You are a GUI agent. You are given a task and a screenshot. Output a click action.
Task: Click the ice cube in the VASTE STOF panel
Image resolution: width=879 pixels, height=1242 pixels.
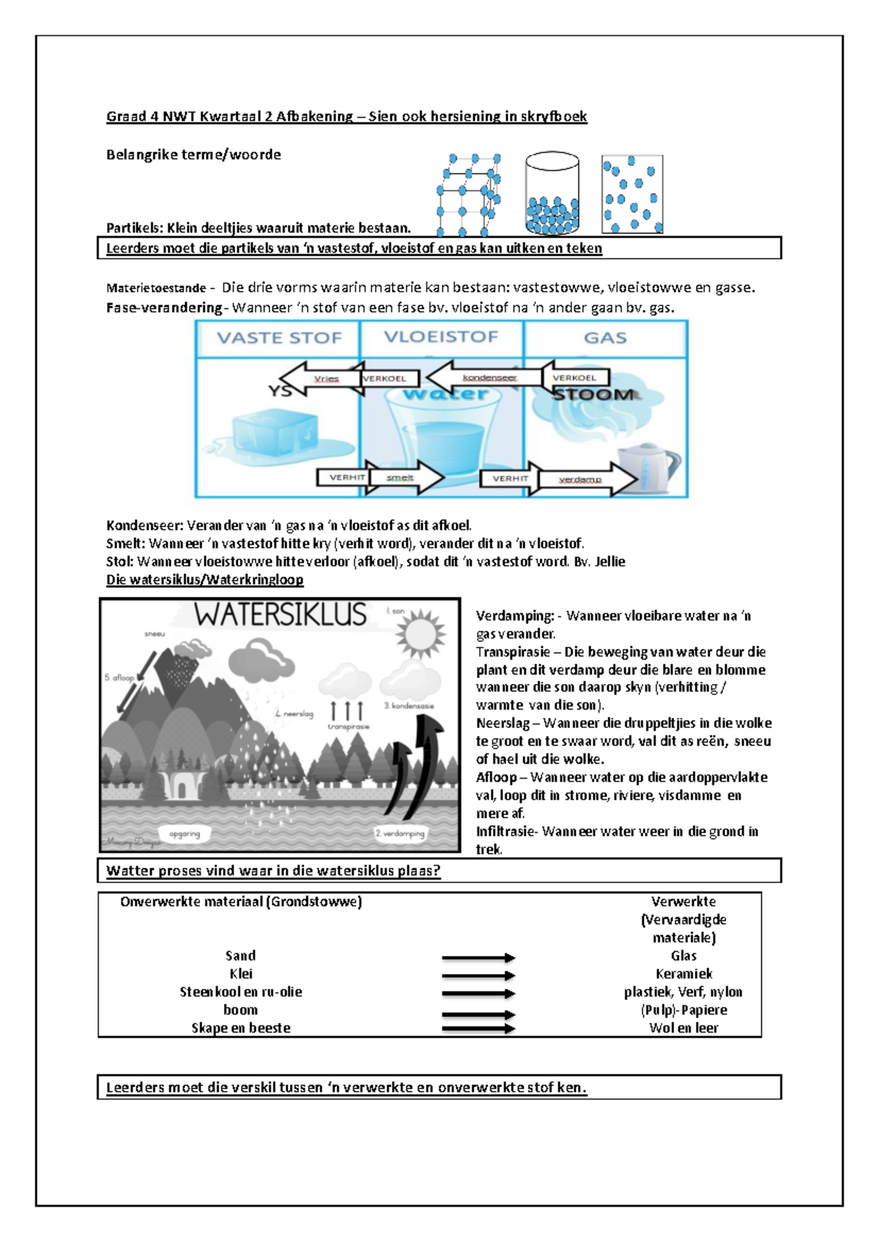(x=275, y=433)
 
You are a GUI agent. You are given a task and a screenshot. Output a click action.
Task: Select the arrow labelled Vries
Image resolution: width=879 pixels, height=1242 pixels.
(x=315, y=379)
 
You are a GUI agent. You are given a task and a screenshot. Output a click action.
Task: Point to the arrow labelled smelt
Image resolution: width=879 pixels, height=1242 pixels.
(x=407, y=477)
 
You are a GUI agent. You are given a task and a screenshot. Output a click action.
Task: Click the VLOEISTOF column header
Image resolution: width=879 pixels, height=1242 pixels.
(x=441, y=337)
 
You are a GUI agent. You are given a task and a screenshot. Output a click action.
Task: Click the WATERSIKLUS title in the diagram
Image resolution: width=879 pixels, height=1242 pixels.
(x=281, y=614)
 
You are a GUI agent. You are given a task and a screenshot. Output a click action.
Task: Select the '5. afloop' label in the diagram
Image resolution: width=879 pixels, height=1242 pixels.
(x=119, y=677)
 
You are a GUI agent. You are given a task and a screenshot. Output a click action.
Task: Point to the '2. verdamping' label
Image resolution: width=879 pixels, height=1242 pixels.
(x=400, y=833)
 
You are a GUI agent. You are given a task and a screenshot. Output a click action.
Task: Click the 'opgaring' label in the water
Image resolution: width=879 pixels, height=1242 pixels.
(x=185, y=833)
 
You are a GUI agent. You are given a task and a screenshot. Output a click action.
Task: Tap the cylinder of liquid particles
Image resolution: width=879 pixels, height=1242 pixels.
(x=552, y=194)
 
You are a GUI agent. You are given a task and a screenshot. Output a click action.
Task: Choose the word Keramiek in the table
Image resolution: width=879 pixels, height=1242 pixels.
(x=683, y=974)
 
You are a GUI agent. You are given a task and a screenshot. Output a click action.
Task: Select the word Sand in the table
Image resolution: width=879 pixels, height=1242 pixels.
(x=240, y=956)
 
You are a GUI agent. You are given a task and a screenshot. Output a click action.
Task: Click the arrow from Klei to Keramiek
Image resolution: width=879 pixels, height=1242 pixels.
(x=478, y=975)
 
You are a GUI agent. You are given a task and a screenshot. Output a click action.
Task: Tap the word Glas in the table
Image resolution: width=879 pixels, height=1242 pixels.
(x=683, y=956)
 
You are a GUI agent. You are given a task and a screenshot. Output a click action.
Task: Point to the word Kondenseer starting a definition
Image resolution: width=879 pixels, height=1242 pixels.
(x=144, y=525)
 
